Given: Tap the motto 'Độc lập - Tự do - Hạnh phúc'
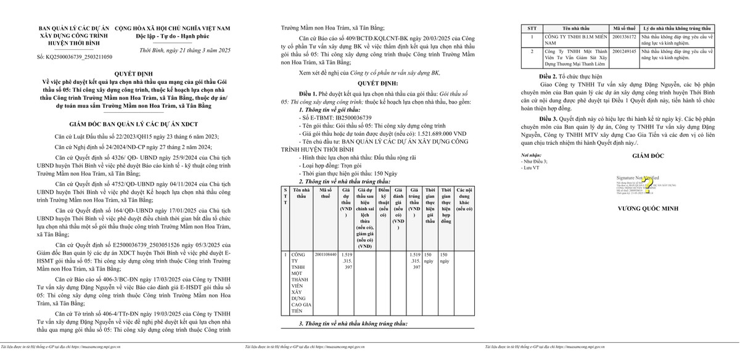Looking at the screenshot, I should pos(178,36).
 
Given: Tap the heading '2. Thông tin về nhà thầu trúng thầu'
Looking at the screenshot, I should pos(345,182).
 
